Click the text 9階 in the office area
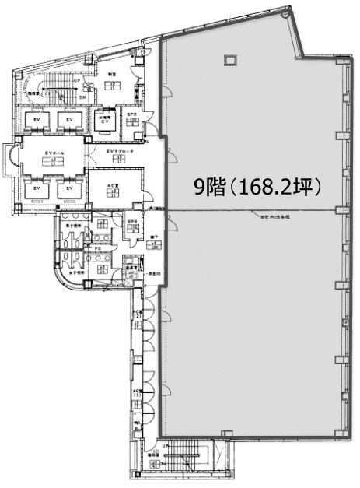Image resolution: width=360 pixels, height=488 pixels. (208, 188)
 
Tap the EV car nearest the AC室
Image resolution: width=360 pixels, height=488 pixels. (68, 189)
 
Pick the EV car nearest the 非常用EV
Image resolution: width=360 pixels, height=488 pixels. (68, 121)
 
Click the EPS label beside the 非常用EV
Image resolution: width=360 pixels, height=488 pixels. (134, 117)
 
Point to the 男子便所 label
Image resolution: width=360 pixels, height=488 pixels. (72, 227)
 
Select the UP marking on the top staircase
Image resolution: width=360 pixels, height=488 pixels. (75, 81)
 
